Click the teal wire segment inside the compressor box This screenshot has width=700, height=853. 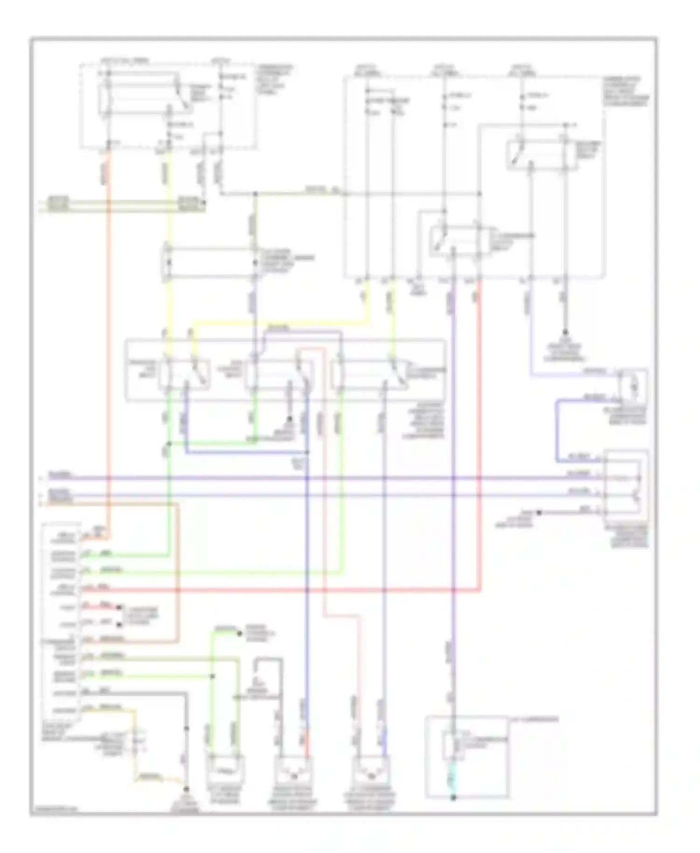click(x=452, y=780)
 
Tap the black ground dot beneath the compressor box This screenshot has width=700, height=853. click(x=453, y=798)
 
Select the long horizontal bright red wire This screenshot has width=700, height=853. click(x=280, y=591)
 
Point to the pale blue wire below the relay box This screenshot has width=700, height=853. click(x=531, y=336)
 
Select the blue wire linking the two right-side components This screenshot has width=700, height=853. click(x=557, y=429)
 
